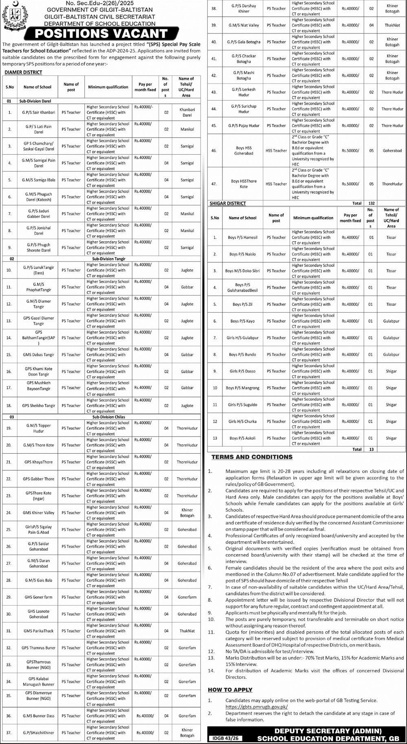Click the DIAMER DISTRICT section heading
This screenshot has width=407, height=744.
pyautogui.click(x=23, y=72)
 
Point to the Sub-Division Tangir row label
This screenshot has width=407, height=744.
pyautogui.click(x=109, y=259)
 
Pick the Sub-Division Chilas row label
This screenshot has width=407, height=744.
pyautogui.click(x=109, y=417)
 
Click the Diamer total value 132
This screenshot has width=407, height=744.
pyautogui.click(x=371, y=203)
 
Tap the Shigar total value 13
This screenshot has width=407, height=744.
pyautogui.click(x=371, y=450)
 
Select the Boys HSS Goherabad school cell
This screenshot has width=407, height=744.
pyautogui.click(x=244, y=151)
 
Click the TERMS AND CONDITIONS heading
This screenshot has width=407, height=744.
pyautogui.click(x=252, y=457)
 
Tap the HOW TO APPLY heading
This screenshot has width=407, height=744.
pyautogui.click(x=230, y=689)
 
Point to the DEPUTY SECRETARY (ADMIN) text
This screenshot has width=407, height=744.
pyautogui.click(x=328, y=731)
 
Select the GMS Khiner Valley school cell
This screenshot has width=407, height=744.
pyautogui.click(x=38, y=513)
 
